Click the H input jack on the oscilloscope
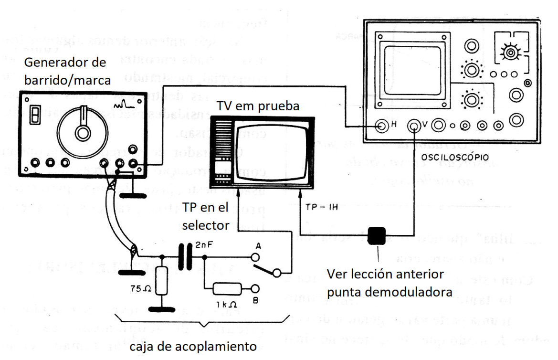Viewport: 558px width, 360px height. coord(382,126)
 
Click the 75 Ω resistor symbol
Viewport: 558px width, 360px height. coord(162,282)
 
